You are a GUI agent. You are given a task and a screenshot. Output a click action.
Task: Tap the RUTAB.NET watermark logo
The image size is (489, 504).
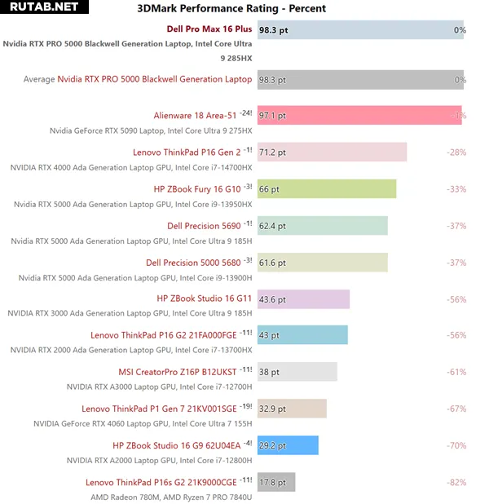41,7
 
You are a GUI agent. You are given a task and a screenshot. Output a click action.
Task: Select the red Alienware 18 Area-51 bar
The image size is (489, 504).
359,116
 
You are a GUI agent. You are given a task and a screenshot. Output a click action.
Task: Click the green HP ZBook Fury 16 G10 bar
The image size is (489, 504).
327,189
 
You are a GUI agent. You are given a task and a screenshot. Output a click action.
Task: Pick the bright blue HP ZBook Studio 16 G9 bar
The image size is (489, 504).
288,445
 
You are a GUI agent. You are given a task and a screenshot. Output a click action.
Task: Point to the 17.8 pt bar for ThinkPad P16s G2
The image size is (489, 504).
276,482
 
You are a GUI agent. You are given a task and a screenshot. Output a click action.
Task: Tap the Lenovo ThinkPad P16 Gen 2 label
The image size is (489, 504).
187,153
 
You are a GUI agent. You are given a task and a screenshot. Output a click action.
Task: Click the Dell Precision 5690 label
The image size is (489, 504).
204,226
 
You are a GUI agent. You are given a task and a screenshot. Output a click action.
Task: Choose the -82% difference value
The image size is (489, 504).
456,483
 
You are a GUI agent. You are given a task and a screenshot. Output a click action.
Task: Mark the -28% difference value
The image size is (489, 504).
456,153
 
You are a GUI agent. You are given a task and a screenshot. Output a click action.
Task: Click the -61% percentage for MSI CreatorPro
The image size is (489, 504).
456,372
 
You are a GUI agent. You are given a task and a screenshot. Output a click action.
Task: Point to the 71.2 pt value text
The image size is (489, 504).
273,153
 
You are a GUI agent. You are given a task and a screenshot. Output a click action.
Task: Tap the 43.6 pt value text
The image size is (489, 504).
273,299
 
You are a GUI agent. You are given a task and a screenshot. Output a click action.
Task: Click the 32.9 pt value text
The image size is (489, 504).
273,409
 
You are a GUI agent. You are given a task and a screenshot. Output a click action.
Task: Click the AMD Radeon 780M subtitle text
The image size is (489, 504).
171,496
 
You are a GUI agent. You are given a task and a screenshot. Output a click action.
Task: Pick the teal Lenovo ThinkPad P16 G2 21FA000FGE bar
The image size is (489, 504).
302,335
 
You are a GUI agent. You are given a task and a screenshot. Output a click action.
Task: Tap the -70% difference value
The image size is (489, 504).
456,445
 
